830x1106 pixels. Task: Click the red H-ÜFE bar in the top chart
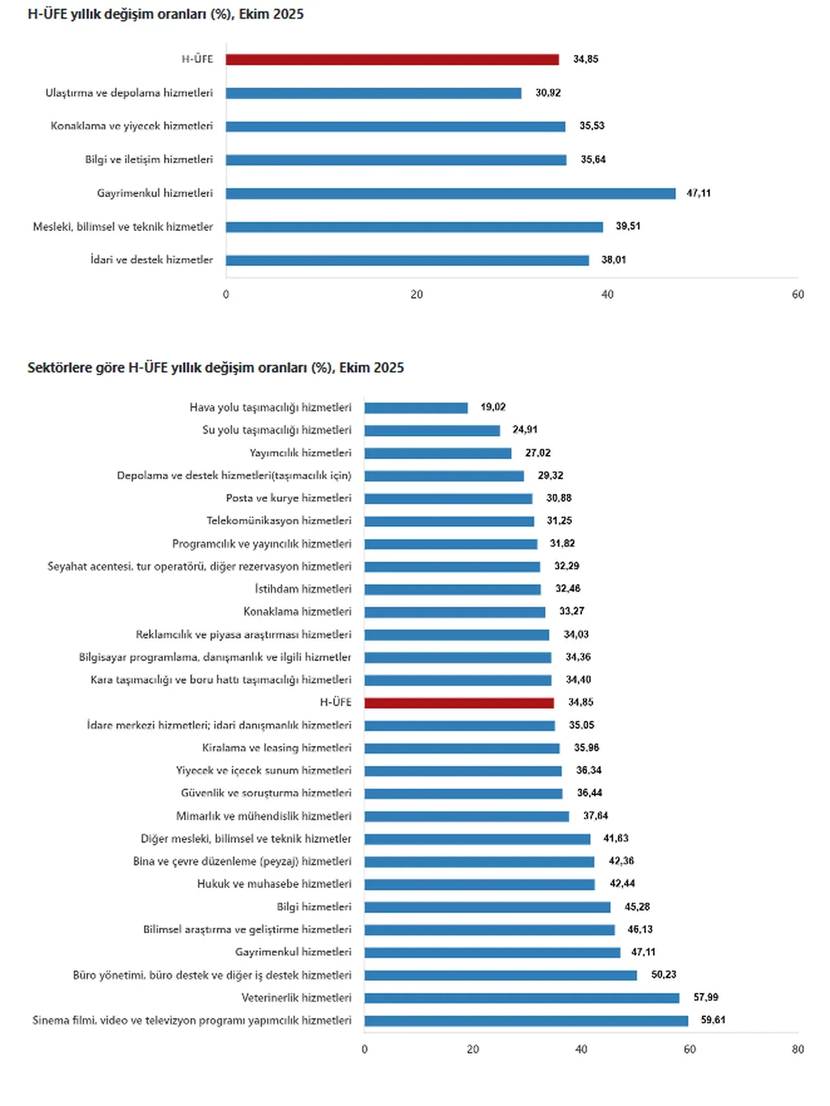392,60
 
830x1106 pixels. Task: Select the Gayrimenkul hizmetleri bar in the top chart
451,193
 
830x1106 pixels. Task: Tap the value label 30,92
548,93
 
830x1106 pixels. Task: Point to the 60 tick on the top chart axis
798,295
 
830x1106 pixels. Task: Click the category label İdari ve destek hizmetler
152,260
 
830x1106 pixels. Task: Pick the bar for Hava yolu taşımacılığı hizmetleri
416,408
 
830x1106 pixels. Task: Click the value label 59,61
713,1020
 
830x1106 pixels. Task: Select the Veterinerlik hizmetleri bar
521,998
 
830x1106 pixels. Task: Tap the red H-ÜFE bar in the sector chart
459,703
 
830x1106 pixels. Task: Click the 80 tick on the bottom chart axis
798,1050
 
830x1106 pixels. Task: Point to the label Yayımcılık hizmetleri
300,453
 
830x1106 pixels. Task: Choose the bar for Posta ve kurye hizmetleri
448,499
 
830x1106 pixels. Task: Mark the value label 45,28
637,907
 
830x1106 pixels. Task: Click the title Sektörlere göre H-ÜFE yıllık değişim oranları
215,368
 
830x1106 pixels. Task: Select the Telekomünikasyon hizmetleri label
279,521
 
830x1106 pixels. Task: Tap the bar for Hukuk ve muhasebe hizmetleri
479,884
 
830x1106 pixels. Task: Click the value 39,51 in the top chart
628,226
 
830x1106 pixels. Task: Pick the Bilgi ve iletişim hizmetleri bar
396,160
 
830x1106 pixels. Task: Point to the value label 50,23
663,975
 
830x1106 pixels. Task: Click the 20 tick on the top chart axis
416,295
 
